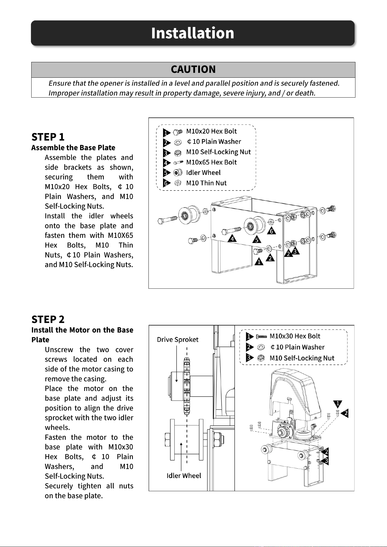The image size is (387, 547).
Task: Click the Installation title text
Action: point(193,33)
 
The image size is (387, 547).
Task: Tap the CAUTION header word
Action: point(193,69)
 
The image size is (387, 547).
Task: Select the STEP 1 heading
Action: point(48,137)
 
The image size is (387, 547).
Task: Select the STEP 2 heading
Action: point(48,319)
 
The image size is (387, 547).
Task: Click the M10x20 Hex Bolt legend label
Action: point(211,131)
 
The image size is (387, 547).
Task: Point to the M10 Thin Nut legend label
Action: point(206,183)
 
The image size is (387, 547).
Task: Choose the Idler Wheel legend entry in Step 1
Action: point(203,173)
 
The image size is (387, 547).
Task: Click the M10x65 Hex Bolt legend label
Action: point(211,162)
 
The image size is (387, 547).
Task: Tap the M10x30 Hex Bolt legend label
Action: point(295,336)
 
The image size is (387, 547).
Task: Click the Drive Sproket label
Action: point(178,340)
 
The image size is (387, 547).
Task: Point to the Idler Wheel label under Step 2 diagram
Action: point(184,476)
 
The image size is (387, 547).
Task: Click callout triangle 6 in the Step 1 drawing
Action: point(271,231)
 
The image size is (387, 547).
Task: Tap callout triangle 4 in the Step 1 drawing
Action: point(232,238)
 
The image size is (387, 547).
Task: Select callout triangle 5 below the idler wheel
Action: point(257,240)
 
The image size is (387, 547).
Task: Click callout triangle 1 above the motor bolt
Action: point(338,404)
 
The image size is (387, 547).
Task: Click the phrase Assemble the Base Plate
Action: point(73,148)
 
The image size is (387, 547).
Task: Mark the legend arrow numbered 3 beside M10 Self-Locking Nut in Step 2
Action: point(250,358)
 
